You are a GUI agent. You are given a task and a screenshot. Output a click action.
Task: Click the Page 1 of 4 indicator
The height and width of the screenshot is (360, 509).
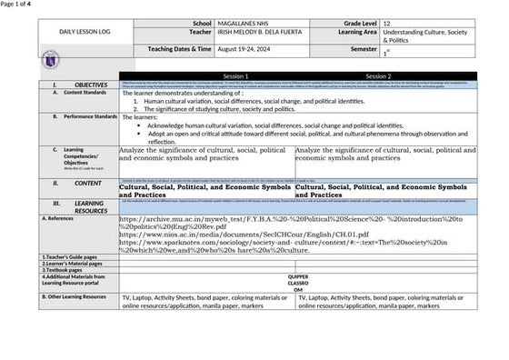tap(15, 5)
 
